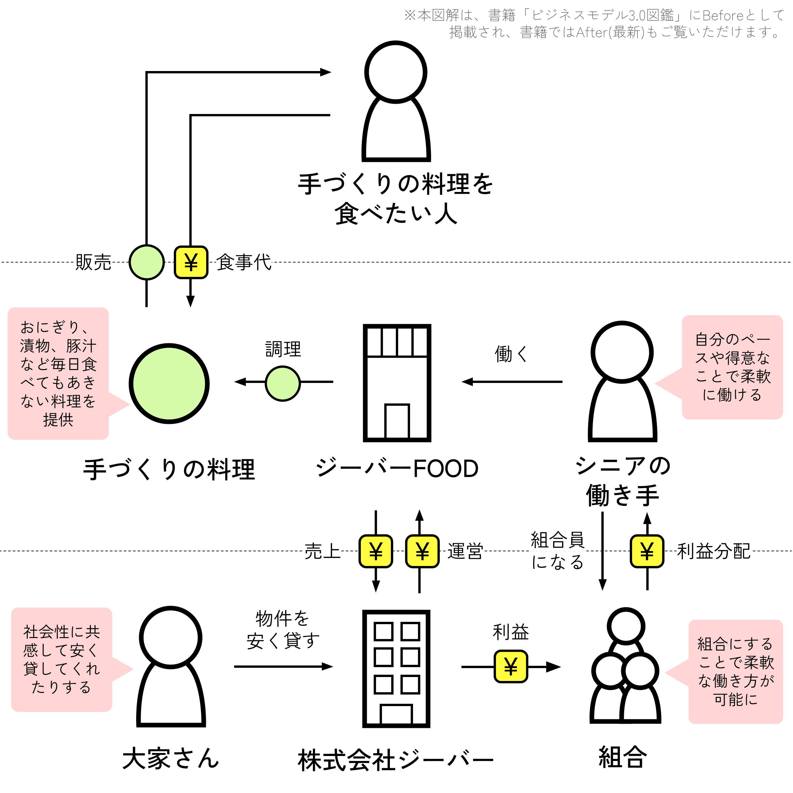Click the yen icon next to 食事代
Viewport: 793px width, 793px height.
click(191, 262)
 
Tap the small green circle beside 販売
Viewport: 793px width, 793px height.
click(146, 262)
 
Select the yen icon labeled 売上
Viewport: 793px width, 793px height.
click(376, 551)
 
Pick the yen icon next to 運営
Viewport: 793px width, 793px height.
click(422, 551)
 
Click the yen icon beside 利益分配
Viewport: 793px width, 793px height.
click(647, 551)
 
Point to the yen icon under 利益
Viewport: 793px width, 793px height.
click(510, 666)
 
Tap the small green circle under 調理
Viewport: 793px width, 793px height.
click(283, 383)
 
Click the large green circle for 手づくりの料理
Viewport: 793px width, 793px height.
click(169, 383)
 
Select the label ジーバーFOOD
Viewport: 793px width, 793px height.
click(397, 468)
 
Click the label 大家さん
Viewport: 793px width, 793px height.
click(171, 758)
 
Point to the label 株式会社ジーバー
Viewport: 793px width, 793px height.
click(396, 760)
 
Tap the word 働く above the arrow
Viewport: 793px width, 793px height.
click(511, 354)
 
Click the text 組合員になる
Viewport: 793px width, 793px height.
click(557, 551)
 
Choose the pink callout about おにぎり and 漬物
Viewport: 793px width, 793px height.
click(58, 373)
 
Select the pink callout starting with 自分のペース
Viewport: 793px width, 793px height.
click(732, 367)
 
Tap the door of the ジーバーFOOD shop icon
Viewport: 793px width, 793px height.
click(397, 421)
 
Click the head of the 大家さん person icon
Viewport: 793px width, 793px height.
click(171, 637)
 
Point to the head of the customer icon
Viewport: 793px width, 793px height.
click(396, 72)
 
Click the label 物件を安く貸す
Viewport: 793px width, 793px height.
click(283, 629)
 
